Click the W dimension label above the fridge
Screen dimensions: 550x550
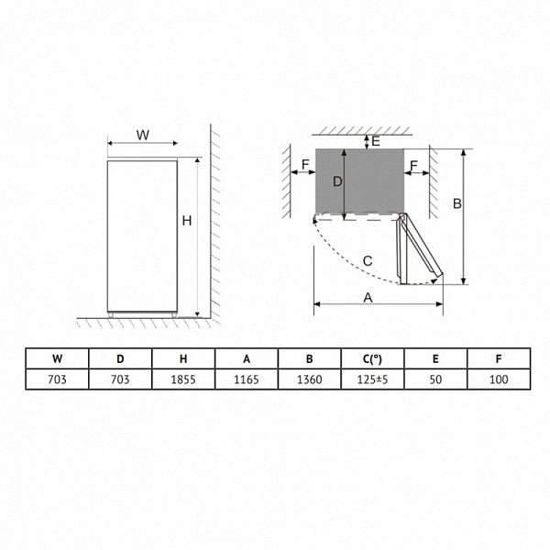coord(143,135)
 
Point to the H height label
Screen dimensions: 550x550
coord(187,221)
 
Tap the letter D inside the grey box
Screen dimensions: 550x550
coord(337,181)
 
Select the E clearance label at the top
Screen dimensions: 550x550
coord(376,141)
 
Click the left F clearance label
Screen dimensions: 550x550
coord(305,164)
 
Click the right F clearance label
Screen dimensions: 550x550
coord(414,166)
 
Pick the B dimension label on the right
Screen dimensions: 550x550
coord(457,203)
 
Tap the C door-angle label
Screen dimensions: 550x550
coord(368,261)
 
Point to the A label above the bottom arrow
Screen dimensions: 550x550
coord(368,298)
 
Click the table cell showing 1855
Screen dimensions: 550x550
coord(183,379)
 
